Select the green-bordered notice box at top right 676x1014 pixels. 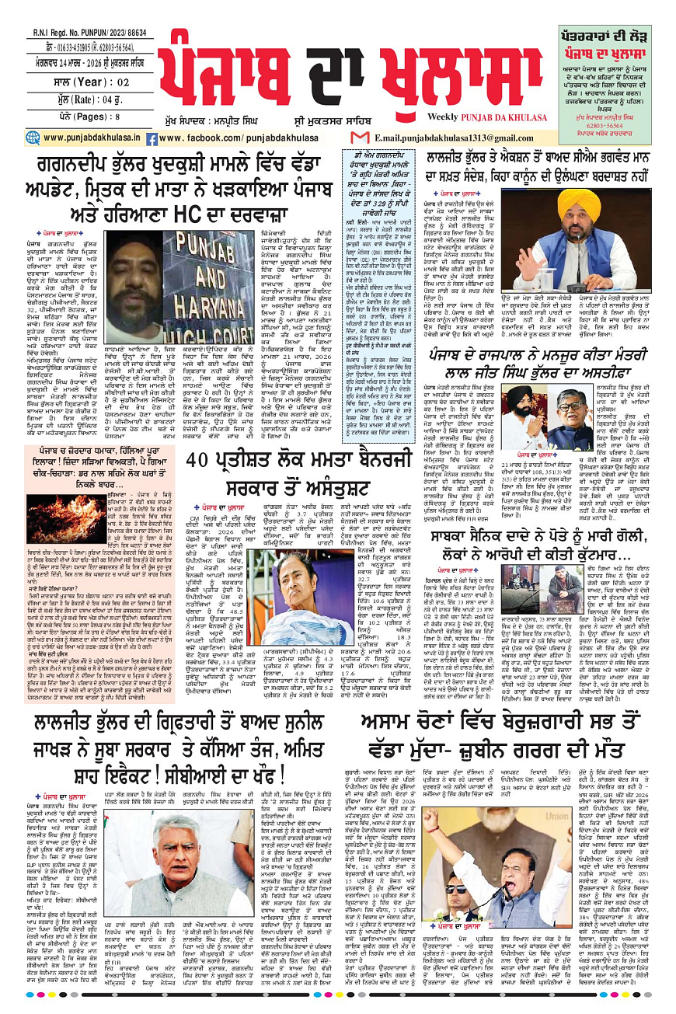608,68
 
